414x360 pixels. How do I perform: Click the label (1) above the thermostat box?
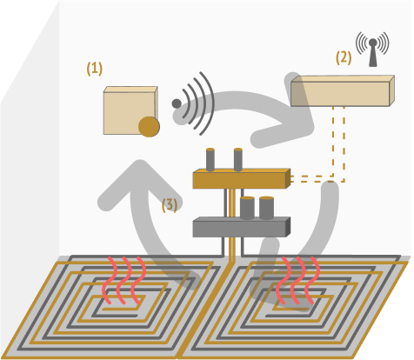tap(95, 69)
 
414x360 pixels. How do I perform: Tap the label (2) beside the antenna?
tap(344, 57)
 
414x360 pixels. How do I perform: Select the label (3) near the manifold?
tap(170, 205)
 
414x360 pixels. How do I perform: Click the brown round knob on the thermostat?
tap(149, 127)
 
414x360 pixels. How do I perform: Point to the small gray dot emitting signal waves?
tap(177, 103)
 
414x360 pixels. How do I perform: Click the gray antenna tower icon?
tap(373, 52)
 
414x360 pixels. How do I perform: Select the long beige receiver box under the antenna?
tap(343, 90)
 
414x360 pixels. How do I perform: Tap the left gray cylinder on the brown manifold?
tap(210, 159)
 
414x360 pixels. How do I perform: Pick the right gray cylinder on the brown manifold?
tap(238, 159)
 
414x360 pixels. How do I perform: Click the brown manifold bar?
tap(242, 179)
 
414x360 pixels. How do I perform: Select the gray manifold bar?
tap(242, 227)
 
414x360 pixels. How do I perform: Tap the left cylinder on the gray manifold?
tap(247, 208)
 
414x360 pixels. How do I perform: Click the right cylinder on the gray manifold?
tap(266, 208)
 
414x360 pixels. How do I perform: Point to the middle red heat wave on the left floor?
tap(124, 280)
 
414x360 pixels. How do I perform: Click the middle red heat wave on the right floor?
tap(297, 280)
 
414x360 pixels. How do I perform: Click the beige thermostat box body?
tap(130, 110)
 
